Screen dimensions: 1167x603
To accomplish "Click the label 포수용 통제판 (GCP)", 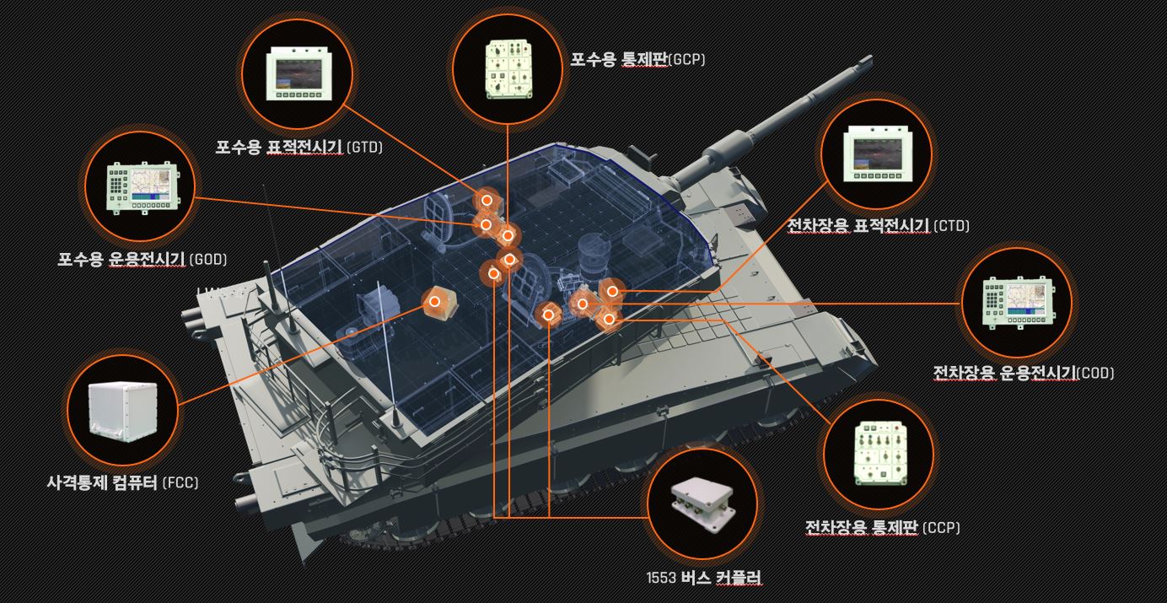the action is [637, 59].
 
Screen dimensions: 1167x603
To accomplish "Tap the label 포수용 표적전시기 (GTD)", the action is [299, 147].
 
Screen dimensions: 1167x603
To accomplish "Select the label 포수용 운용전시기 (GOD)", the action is [143, 259].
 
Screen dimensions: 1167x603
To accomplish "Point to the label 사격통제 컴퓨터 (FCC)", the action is [122, 482].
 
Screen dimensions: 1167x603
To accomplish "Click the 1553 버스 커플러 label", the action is [704, 578].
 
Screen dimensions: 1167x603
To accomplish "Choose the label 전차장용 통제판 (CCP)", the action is [883, 527].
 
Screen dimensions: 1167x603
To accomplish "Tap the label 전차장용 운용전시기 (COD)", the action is [1023, 373].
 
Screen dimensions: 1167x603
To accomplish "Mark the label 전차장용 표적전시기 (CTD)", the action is [878, 226].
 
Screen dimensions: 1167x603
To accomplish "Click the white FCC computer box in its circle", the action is [123, 412].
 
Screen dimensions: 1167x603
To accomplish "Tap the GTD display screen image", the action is [299, 73].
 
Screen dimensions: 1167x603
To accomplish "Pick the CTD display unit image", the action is [878, 153].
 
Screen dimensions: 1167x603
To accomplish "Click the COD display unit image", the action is [1018, 302].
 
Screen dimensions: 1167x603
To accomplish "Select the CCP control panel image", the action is [880, 452].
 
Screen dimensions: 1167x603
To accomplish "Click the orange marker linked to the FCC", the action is [434, 301].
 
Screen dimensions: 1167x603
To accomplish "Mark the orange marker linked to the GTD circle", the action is [487, 200].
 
